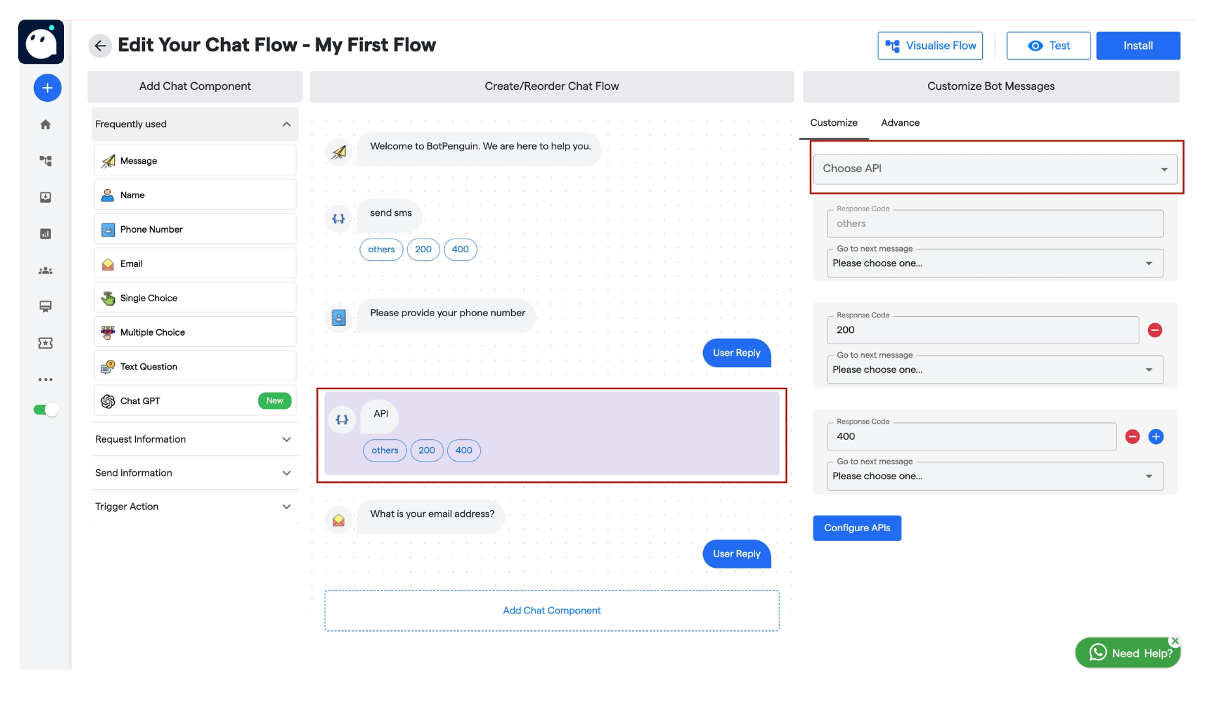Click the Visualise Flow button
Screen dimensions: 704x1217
(x=929, y=46)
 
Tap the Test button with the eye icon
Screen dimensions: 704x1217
(x=1047, y=46)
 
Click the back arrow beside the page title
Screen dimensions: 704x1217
(x=100, y=46)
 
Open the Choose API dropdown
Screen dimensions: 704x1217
(x=995, y=169)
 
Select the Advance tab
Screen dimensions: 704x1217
(x=900, y=123)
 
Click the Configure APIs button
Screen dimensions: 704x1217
(x=856, y=528)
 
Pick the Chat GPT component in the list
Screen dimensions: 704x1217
(x=195, y=401)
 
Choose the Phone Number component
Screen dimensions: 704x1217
(x=195, y=229)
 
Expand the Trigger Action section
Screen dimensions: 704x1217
(x=195, y=506)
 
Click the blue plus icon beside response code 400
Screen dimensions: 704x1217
(x=1156, y=437)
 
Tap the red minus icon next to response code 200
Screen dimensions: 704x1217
(x=1154, y=330)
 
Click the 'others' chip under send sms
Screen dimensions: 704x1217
(x=381, y=250)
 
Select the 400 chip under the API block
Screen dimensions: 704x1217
(x=464, y=450)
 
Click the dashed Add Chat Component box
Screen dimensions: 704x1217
(x=552, y=611)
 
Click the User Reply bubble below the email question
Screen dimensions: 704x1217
(x=736, y=554)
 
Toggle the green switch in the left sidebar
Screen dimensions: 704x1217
(x=46, y=409)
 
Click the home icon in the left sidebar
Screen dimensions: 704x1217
(x=46, y=125)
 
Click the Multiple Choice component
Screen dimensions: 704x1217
(x=195, y=332)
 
